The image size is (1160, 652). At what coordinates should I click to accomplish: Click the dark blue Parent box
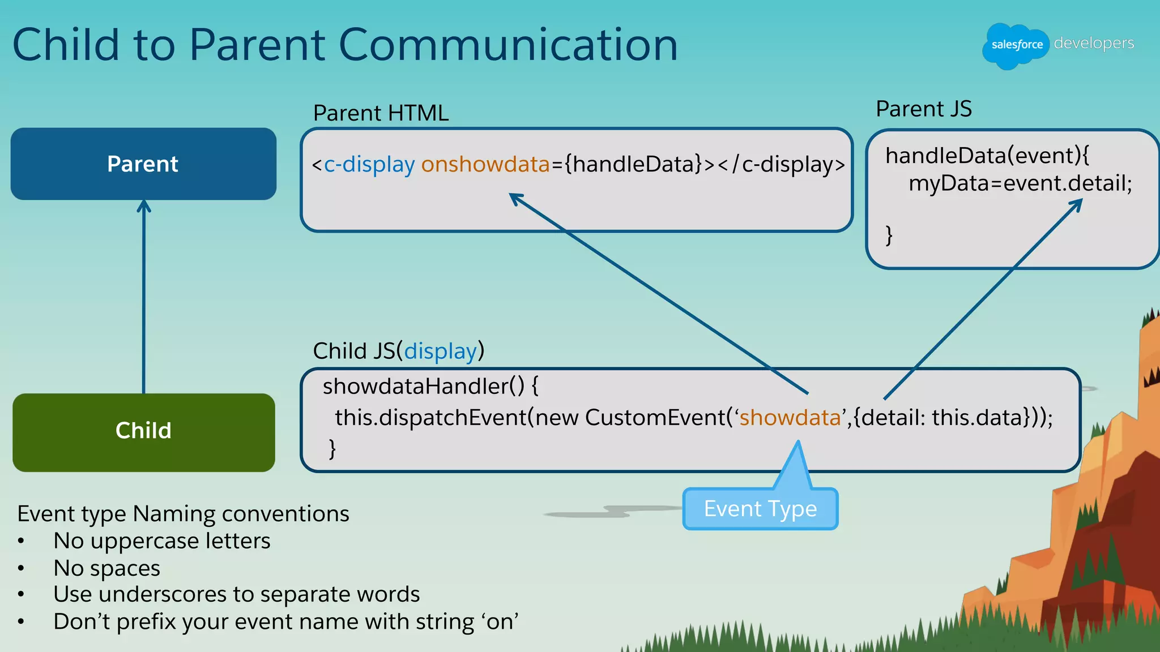coord(143,164)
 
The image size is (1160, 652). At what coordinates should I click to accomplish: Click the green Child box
coord(143,431)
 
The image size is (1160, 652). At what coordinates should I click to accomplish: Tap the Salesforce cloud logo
coord(1016,45)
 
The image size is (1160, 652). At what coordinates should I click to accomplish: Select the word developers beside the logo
coord(1094,43)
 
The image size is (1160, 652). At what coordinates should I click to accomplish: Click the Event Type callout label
coord(760,509)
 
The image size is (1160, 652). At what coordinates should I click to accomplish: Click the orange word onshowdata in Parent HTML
coord(485,164)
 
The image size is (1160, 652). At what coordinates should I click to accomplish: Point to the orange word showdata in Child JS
coord(790,418)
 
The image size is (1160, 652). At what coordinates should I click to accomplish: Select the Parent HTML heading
coord(381,113)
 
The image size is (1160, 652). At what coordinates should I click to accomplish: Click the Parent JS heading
coord(923,109)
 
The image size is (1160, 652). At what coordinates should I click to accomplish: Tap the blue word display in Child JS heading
coord(440,351)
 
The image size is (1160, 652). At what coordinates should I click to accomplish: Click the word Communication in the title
coord(507,45)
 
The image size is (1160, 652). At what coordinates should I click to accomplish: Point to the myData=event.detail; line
coord(1020,183)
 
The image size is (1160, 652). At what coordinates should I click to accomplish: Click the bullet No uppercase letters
coord(161,541)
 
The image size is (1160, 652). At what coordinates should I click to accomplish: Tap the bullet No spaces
coord(106,568)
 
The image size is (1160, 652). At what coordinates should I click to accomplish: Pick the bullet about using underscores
coord(236,594)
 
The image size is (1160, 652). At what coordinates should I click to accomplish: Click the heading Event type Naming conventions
coord(183,514)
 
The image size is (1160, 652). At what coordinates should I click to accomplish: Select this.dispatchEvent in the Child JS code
coord(430,418)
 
